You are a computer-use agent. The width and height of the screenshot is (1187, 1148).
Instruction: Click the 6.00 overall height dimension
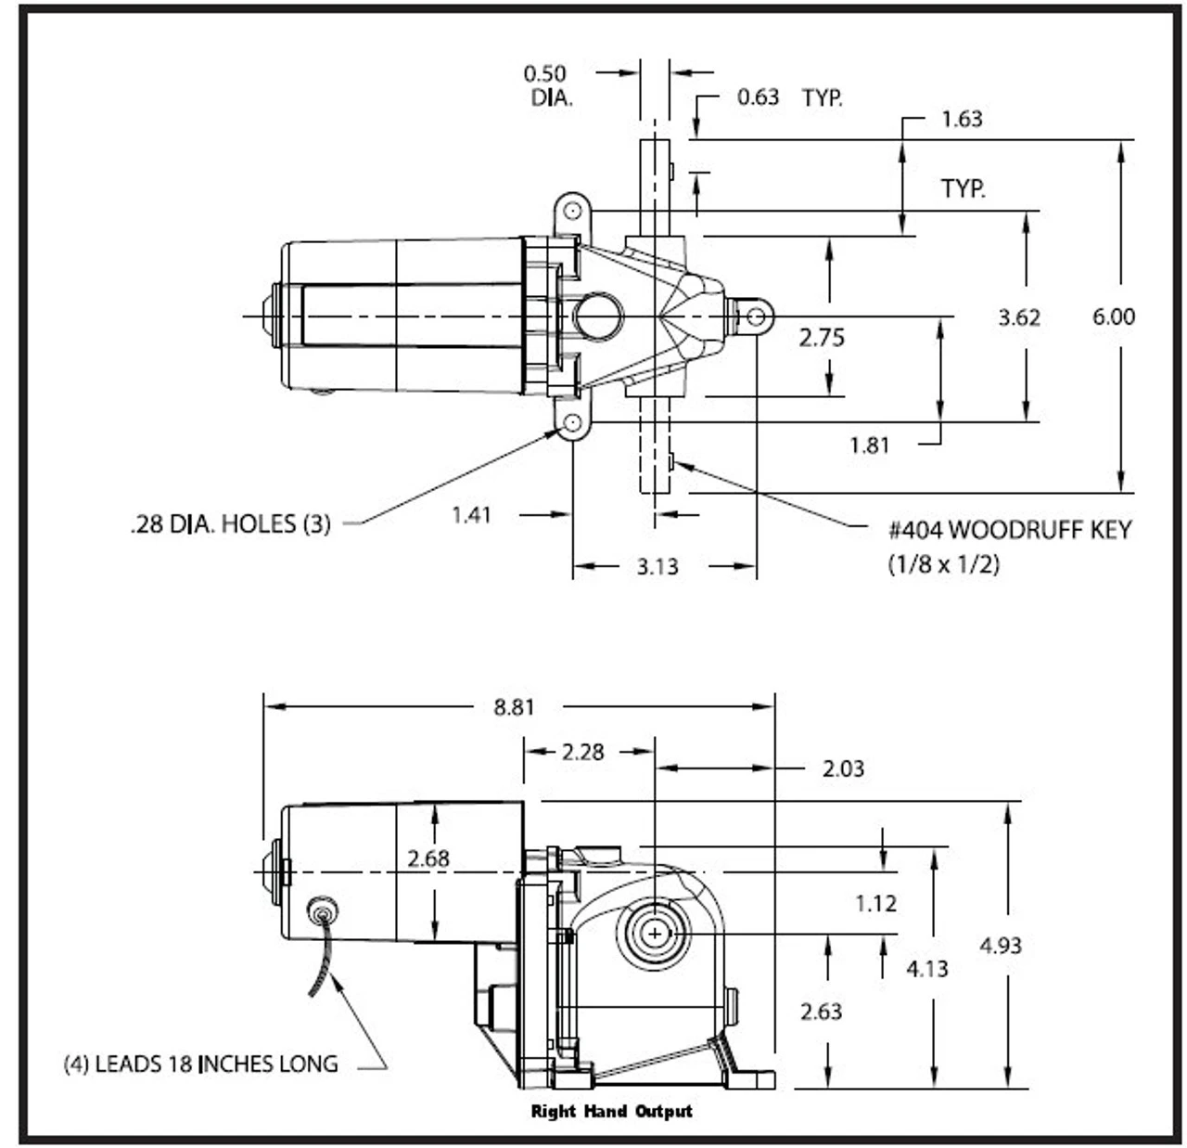tap(1113, 317)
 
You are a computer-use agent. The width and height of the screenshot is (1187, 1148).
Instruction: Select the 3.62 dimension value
tap(1019, 317)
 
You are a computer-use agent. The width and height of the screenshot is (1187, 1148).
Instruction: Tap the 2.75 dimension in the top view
tap(822, 337)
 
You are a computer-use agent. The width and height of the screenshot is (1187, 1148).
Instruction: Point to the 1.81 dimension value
tap(869, 445)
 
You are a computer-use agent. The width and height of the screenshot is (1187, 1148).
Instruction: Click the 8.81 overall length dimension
tap(514, 707)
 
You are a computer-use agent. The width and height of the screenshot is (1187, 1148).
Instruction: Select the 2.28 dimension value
tap(582, 752)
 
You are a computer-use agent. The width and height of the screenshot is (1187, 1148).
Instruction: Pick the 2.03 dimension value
tap(843, 768)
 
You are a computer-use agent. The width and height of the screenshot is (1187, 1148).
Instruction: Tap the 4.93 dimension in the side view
tap(1001, 946)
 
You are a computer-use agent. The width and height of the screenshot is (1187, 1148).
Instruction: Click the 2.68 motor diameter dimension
tap(428, 858)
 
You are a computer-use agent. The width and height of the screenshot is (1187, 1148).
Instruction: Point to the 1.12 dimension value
tap(875, 903)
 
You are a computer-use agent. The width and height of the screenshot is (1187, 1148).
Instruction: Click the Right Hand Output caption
tap(611, 1111)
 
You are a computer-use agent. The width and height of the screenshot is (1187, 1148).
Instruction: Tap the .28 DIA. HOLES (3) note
tap(230, 524)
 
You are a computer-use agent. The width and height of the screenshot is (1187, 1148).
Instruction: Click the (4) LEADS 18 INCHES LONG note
tap(200, 1064)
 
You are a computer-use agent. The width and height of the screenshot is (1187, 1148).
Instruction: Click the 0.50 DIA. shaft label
tap(546, 85)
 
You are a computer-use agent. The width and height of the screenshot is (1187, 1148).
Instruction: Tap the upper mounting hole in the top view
tap(572, 212)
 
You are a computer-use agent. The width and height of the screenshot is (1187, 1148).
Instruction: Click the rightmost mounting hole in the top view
tap(756, 317)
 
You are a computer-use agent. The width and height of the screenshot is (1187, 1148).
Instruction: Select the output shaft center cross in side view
tap(656, 933)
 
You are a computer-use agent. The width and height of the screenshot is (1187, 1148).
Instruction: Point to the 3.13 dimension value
tap(657, 566)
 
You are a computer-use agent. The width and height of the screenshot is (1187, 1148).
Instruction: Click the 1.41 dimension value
tap(471, 514)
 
